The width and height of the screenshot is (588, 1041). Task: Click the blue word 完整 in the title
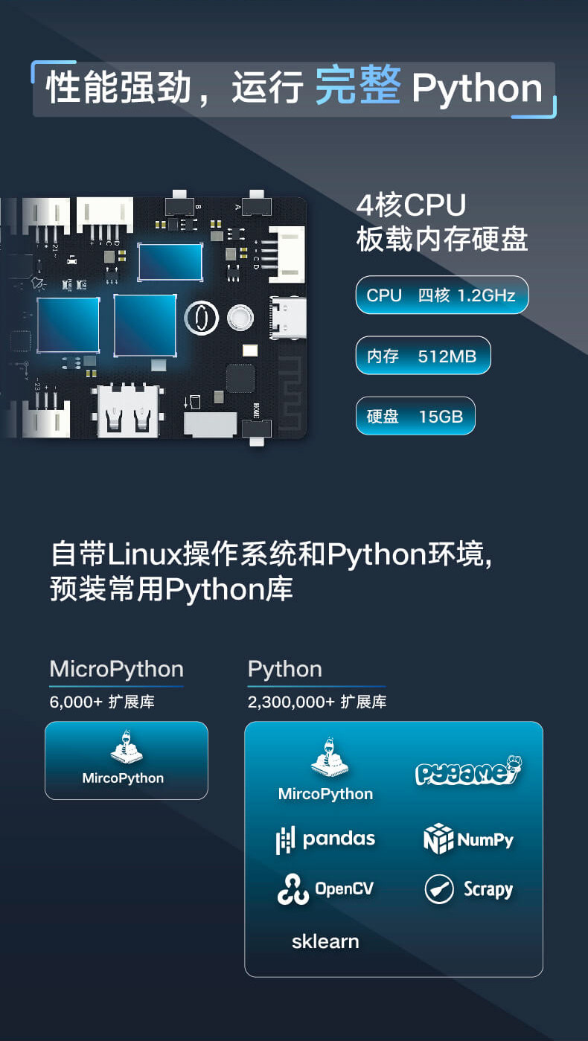[358, 88]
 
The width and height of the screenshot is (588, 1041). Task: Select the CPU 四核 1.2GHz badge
[441, 295]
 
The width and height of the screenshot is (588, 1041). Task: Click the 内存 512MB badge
[423, 356]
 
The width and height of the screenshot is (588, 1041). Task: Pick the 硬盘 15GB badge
[415, 417]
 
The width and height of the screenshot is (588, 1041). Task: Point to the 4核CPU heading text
[411, 206]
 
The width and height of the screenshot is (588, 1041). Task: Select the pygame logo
[468, 772]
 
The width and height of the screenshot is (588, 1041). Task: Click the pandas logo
[325, 839]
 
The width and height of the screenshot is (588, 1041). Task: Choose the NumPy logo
[468, 839]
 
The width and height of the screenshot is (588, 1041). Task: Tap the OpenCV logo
[325, 889]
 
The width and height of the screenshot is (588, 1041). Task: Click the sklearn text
[325, 941]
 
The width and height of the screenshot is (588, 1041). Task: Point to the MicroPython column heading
[116, 669]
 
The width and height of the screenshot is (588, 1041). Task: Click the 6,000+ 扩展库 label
[102, 702]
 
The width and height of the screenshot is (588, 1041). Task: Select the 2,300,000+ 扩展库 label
[317, 702]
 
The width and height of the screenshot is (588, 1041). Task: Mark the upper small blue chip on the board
[170, 262]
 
